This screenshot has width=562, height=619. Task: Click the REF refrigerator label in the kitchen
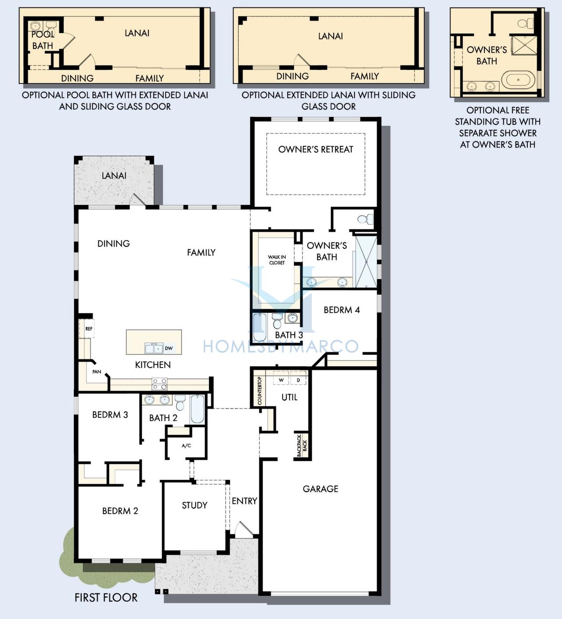coord(89,329)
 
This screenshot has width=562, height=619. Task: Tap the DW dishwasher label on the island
coord(169,348)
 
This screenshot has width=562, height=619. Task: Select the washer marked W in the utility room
coord(281,380)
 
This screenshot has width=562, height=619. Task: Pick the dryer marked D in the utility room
coord(299,380)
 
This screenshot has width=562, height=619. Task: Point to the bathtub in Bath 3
coord(259,327)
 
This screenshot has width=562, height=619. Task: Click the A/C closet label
coord(186,446)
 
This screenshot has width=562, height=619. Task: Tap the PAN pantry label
coord(97,372)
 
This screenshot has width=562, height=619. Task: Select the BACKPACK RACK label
coord(302,446)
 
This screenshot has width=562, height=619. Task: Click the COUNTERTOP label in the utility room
coord(259,391)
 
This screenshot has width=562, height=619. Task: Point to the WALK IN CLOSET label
coord(277,260)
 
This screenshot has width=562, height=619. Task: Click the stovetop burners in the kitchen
coord(159,384)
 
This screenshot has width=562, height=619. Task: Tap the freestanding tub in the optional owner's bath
coord(518,80)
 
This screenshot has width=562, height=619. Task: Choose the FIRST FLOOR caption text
coord(106,598)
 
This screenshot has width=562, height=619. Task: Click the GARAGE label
coord(321,489)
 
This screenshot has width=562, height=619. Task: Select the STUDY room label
coord(195,505)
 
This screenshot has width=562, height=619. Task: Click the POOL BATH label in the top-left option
coord(43,40)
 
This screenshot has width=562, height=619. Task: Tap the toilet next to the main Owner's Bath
coord(365,219)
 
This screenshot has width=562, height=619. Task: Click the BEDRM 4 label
coord(342,310)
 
